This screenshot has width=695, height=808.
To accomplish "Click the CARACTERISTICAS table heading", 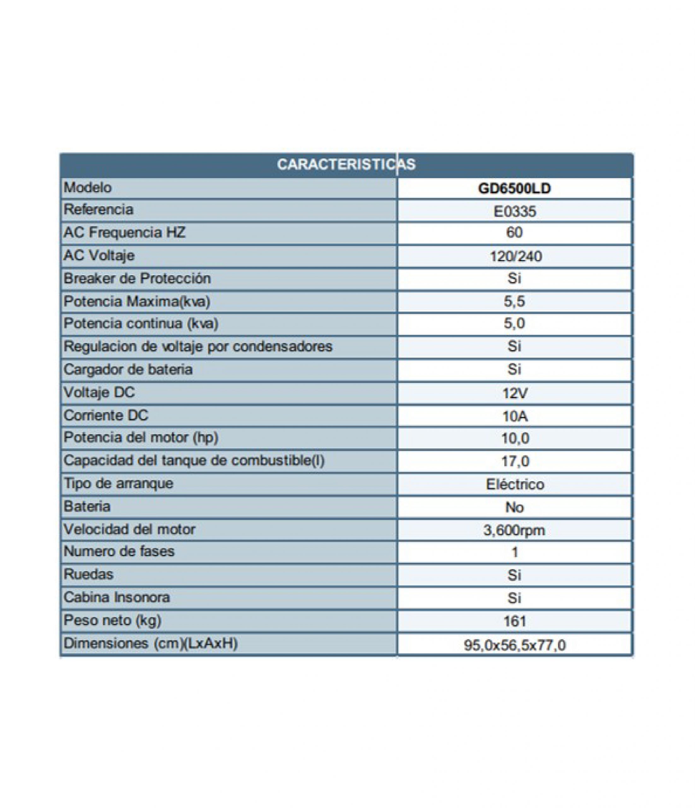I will pyautogui.click(x=346, y=164).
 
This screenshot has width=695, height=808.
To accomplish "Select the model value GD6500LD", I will pyautogui.click(x=514, y=189).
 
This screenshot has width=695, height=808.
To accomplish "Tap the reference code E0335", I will pyautogui.click(x=515, y=211).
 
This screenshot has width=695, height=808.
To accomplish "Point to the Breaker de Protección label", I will pyautogui.click(x=137, y=278).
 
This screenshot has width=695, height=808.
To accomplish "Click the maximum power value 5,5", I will pyautogui.click(x=514, y=301).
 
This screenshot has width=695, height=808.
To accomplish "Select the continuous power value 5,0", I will pyautogui.click(x=514, y=323).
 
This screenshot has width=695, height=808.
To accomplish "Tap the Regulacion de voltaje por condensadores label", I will pyautogui.click(x=198, y=346).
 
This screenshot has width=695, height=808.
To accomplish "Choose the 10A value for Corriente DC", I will pyautogui.click(x=515, y=417).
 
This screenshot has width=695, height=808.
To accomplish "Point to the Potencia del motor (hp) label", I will pyautogui.click(x=141, y=437).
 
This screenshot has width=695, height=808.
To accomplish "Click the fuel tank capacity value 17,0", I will pyautogui.click(x=515, y=461).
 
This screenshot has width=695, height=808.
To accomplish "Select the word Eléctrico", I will pyautogui.click(x=515, y=484).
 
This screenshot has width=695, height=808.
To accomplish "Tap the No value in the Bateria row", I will pyautogui.click(x=514, y=507).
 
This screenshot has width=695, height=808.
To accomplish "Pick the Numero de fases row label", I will pyautogui.click(x=119, y=551).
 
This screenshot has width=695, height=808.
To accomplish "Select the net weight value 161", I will pyautogui.click(x=515, y=621).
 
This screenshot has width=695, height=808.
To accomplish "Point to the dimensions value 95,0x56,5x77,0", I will pyautogui.click(x=515, y=645).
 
